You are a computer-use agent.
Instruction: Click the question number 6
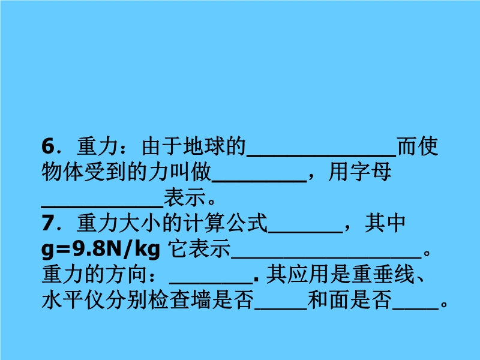tap(48, 146)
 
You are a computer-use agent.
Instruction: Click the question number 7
tap(48, 223)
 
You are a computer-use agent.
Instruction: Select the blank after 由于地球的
tap(322, 155)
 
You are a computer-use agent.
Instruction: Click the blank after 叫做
tap(260, 181)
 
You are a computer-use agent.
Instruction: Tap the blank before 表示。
tap(102, 207)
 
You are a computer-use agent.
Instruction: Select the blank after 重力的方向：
tap(211, 283)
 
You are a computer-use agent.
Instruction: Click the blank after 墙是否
tap(281, 309)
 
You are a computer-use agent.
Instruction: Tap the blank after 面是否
tap(415, 309)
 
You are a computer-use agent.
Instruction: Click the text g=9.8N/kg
tap(101, 249)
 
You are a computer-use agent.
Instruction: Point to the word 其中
tap(385, 223)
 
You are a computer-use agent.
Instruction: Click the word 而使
tap(418, 146)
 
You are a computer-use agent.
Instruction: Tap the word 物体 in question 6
tap(62, 172)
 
